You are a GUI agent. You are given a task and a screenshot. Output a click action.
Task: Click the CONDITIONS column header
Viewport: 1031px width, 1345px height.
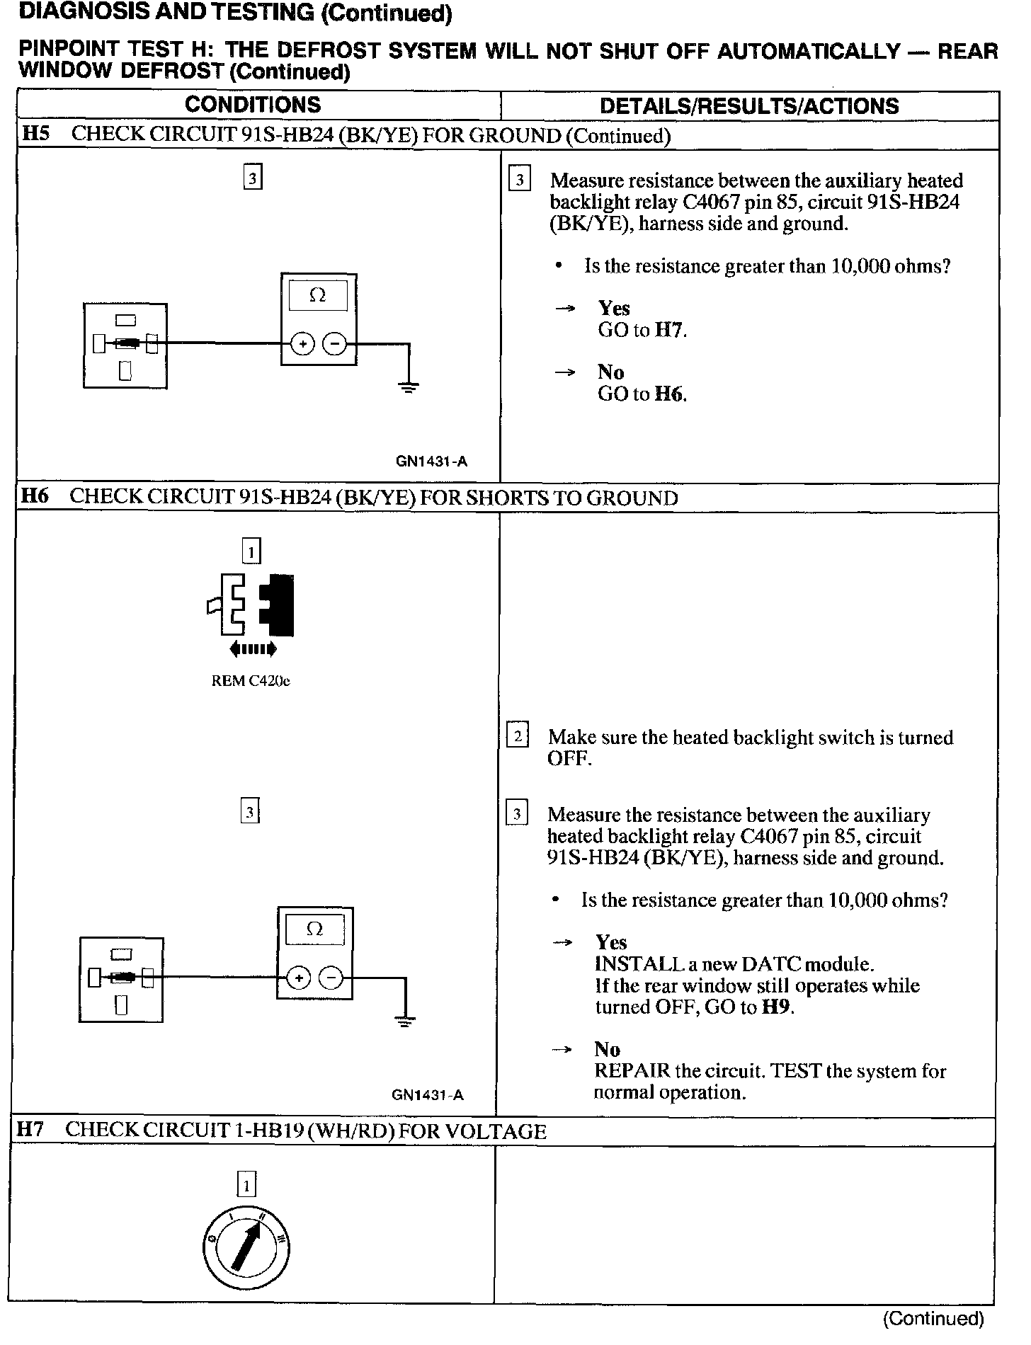(253, 105)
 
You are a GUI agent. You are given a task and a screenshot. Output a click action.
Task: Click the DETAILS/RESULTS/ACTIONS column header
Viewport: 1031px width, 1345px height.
(749, 106)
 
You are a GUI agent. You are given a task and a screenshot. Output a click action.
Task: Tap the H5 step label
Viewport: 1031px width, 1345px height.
(35, 134)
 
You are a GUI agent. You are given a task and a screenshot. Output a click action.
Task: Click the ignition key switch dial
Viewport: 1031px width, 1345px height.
(246, 1247)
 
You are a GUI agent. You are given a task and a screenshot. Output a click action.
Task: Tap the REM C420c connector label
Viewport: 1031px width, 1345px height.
(251, 681)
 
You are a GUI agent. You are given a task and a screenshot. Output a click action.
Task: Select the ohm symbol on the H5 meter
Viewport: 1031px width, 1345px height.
(318, 295)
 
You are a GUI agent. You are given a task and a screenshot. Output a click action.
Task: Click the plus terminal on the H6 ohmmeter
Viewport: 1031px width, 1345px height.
(299, 978)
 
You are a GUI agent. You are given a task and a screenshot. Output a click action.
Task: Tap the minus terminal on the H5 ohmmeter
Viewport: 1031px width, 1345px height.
(335, 345)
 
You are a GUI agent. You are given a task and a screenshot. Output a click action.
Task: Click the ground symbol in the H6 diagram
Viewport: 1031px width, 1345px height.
(404, 1021)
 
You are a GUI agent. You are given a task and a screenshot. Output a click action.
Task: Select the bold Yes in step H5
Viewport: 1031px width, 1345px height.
(614, 308)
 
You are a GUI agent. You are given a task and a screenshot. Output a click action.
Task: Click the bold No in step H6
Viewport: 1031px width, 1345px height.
(608, 1049)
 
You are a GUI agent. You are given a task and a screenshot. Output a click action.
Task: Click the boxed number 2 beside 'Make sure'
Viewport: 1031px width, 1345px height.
(518, 736)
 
